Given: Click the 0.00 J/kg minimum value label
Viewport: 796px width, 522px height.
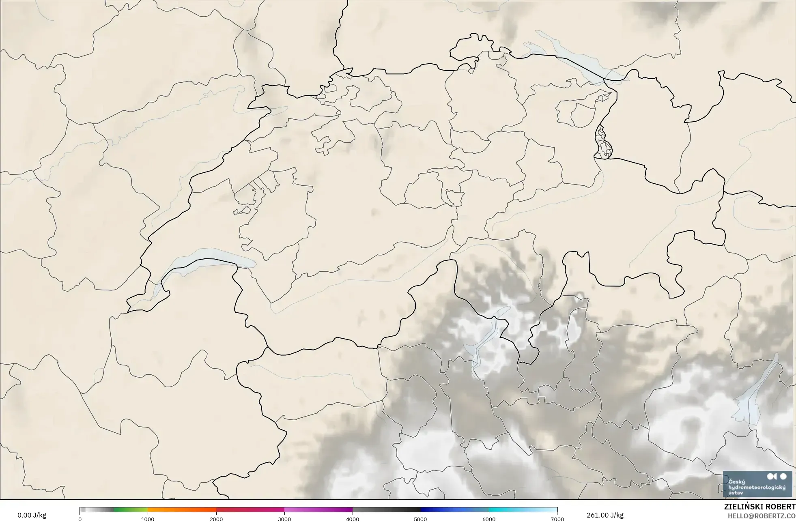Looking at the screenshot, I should click(x=32, y=515).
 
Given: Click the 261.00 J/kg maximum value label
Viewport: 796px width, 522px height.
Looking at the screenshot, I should click(x=605, y=515).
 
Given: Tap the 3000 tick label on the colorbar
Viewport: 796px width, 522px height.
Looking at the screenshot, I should click(x=284, y=519).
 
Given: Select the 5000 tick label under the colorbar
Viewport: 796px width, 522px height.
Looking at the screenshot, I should click(x=421, y=519).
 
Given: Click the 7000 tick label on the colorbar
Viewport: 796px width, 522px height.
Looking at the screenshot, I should click(x=557, y=519).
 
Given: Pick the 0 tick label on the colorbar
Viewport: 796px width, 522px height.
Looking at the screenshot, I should click(x=80, y=519).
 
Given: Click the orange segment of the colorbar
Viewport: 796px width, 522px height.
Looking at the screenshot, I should click(x=182, y=510).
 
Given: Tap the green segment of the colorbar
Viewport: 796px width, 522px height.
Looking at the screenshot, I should click(x=130, y=510).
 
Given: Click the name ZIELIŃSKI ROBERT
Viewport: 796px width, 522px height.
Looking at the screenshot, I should click(x=759, y=507).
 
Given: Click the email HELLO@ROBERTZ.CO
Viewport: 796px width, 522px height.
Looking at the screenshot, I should click(x=761, y=516).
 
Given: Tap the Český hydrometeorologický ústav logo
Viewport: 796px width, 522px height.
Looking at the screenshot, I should click(x=757, y=483).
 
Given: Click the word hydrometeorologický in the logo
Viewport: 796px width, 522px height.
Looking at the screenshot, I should click(x=757, y=487).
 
